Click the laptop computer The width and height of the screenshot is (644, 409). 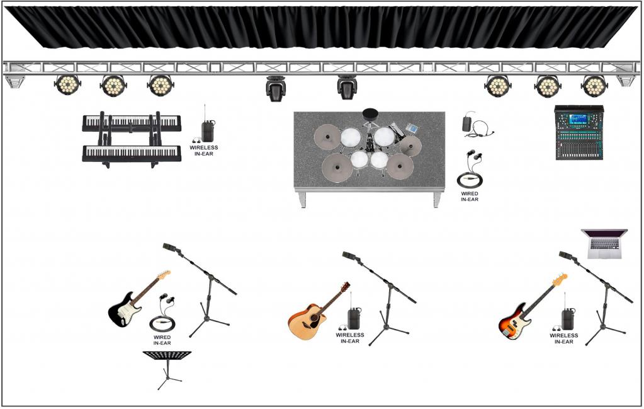pos(604,244)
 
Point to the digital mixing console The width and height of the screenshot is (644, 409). pos(579,132)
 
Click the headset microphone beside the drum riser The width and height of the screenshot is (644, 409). pos(477,126)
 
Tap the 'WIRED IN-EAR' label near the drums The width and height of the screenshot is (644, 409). pos(470,197)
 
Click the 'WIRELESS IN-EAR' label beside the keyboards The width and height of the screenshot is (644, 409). pos(204,151)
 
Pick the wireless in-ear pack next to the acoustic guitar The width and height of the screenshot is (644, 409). pos(353,316)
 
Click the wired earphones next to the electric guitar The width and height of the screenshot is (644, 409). pos(163,313)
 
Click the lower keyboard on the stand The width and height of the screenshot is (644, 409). pos(132,153)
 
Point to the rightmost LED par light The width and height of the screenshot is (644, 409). pos(594,86)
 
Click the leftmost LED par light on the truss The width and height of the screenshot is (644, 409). pos(67,84)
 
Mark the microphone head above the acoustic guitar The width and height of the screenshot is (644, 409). pos(350,256)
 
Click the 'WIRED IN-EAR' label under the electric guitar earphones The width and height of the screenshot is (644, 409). pos(162,340)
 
